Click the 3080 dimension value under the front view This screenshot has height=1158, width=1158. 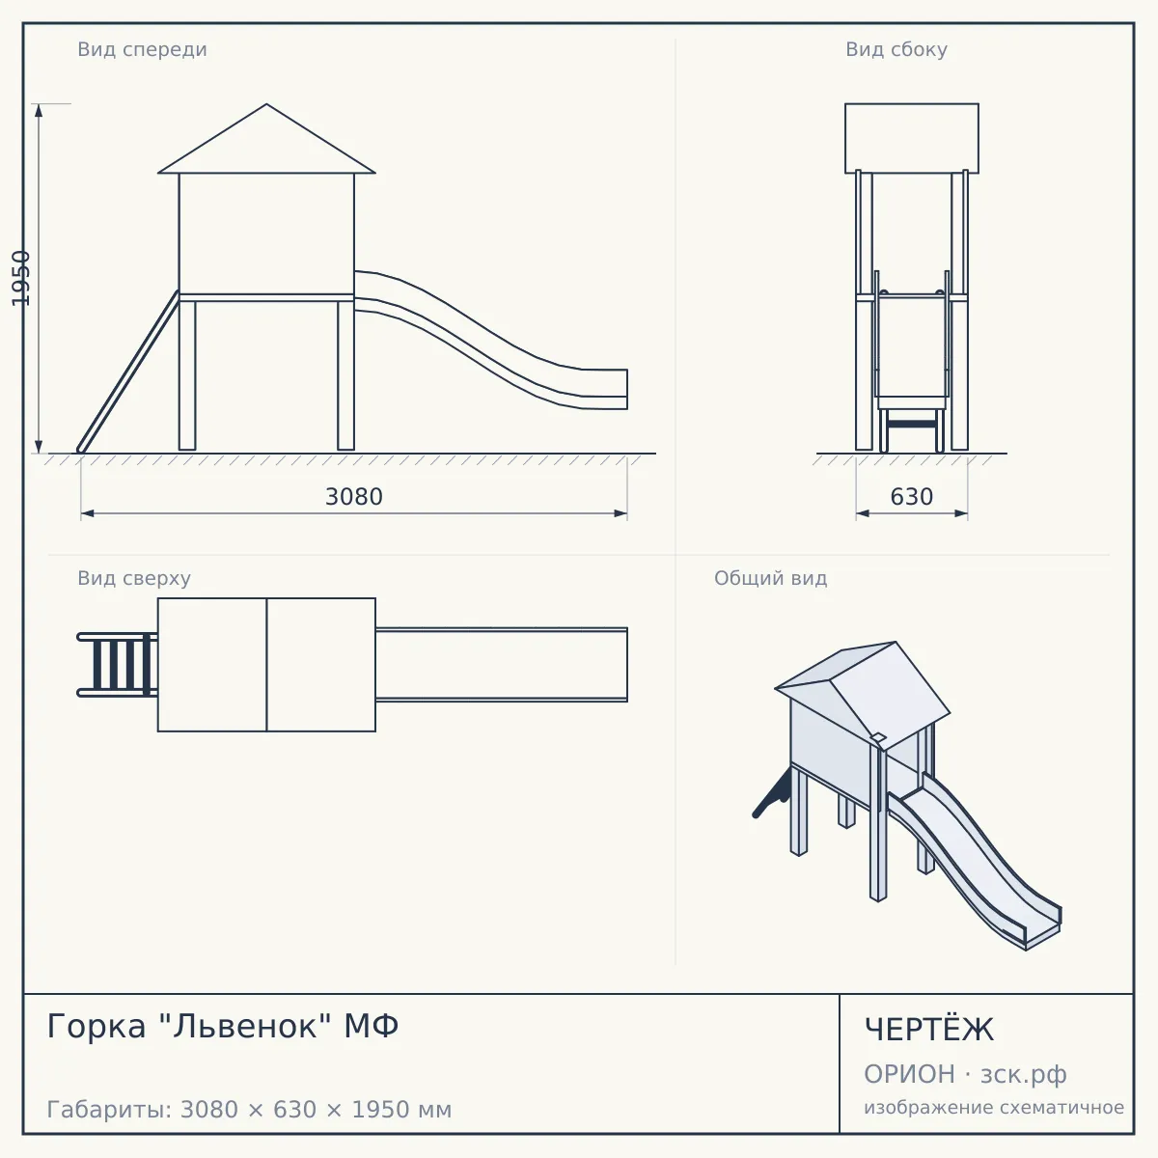(x=353, y=496)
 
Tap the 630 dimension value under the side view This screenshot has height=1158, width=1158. (x=911, y=496)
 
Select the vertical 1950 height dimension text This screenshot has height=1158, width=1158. (x=20, y=278)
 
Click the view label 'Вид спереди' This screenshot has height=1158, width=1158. (x=142, y=49)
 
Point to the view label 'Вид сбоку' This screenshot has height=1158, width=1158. (x=896, y=49)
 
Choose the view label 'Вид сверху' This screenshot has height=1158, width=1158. (x=134, y=578)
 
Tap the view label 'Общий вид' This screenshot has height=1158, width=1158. (x=770, y=578)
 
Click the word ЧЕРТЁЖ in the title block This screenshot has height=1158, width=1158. (x=929, y=1030)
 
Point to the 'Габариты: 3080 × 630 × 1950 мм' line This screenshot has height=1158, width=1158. (x=249, y=1110)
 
